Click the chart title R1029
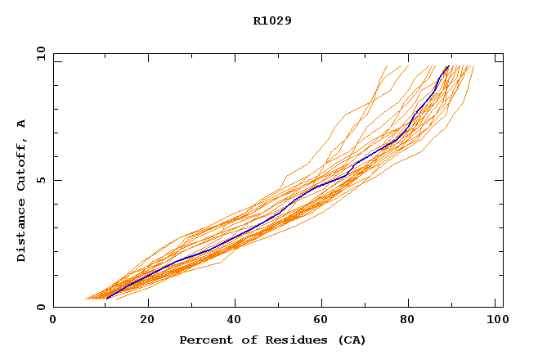(x=272, y=20)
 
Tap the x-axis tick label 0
(x=53, y=322)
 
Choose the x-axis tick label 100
(x=495, y=322)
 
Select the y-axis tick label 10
(x=39, y=53)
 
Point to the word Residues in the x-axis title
(x=283, y=340)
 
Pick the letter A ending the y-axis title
(x=21, y=124)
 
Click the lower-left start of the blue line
(x=105, y=298)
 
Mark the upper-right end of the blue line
(x=448, y=66)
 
